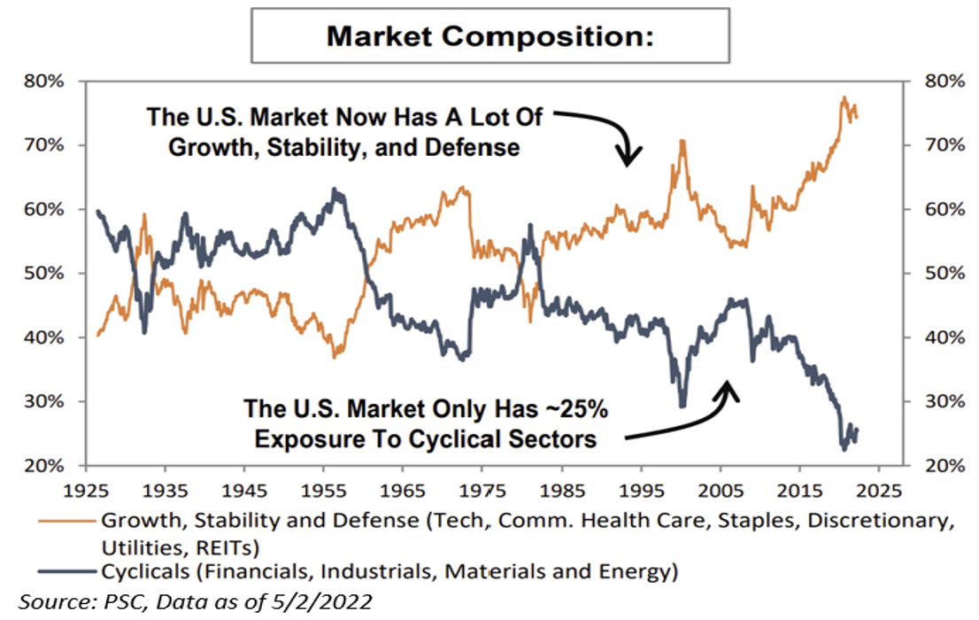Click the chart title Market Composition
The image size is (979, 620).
click(x=489, y=36)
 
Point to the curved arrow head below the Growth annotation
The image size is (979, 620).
click(x=628, y=160)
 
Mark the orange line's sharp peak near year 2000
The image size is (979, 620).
click(x=682, y=140)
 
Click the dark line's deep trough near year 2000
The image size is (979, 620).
click(x=682, y=406)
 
